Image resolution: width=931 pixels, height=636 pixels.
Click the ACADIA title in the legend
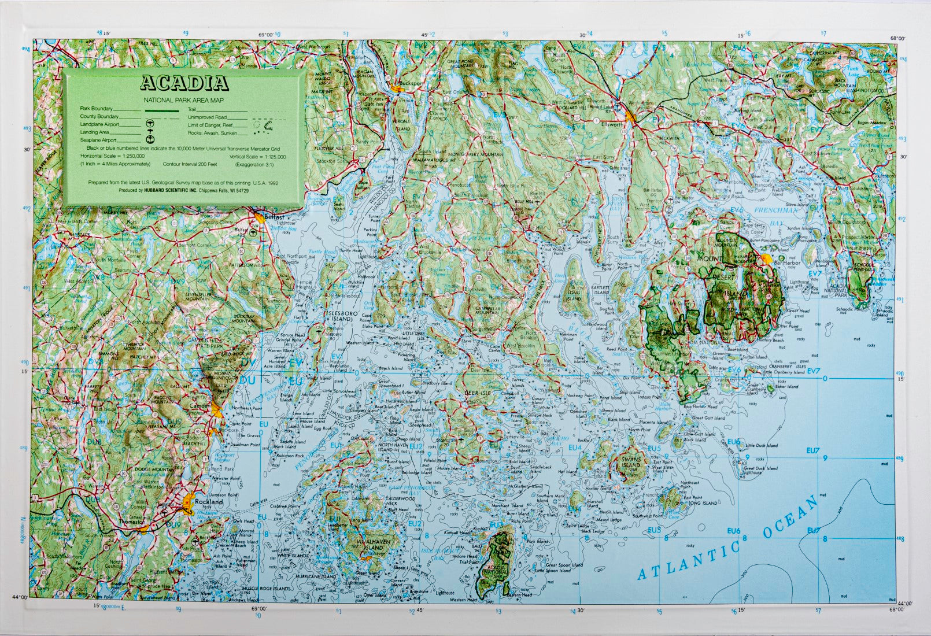point(184,84)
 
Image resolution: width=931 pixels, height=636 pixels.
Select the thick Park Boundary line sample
point(162,109)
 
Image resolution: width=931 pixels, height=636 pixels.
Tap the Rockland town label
point(209,502)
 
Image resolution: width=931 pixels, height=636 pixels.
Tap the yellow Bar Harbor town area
point(767,258)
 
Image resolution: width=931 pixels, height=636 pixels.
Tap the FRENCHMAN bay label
point(777,212)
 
